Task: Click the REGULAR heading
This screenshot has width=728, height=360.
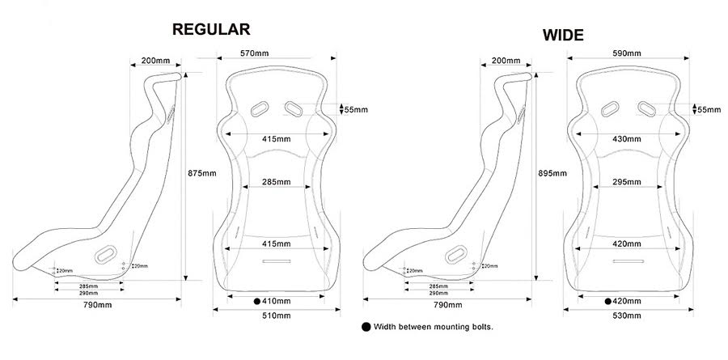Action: [x=211, y=29]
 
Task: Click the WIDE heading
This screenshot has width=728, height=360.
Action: [x=563, y=36]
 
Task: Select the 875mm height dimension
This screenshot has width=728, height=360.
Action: [x=202, y=173]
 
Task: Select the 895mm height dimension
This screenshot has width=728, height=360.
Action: [x=552, y=173]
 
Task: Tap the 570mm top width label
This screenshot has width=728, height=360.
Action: [x=255, y=53]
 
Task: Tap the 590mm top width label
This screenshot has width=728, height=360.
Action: [x=627, y=53]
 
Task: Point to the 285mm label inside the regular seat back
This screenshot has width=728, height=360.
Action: [x=277, y=182]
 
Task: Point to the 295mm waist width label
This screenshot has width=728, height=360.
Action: [x=627, y=182]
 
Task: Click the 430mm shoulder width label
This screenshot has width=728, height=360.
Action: [x=627, y=139]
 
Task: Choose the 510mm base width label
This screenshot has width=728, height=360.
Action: [x=277, y=316]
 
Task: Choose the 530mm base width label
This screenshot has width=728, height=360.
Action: [x=627, y=316]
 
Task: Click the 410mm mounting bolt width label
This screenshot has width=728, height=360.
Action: [x=277, y=302]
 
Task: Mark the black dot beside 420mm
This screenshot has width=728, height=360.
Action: [x=607, y=302]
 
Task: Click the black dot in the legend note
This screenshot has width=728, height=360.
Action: [x=366, y=327]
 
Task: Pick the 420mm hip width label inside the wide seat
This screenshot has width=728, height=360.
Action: [x=627, y=244]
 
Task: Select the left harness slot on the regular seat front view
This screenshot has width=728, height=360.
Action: [x=260, y=108]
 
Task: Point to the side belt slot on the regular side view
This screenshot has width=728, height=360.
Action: [x=106, y=254]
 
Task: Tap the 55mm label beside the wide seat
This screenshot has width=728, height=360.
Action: [x=709, y=110]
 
